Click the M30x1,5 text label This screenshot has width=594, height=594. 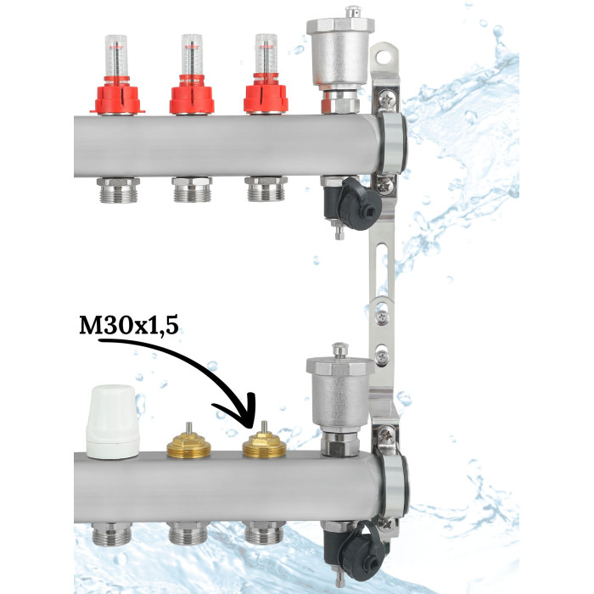click(129, 325)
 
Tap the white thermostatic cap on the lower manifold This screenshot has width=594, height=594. click(112, 422)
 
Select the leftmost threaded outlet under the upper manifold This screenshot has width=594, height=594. click(118, 190)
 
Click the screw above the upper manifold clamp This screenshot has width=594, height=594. click(387, 100)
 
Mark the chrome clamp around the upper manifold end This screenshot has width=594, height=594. click(392, 143)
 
